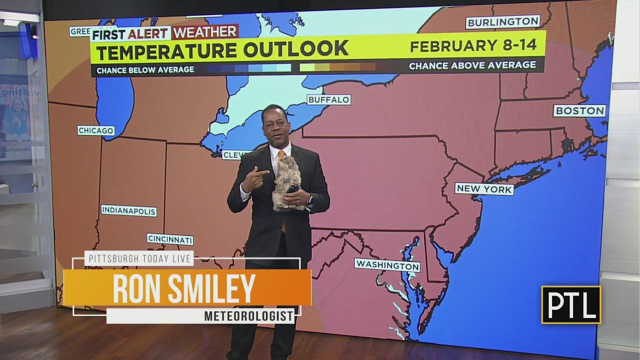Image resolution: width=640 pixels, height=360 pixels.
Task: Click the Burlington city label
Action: coord(503,22)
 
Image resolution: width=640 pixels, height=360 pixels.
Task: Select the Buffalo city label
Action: coord(328,100)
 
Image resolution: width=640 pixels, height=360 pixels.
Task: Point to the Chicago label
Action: coord(96,130)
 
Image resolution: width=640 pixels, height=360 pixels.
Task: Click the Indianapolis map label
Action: coord(129,211)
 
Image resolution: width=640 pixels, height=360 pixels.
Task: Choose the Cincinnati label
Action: coord(170,239)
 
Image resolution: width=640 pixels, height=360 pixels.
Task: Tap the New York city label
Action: coord(484,189)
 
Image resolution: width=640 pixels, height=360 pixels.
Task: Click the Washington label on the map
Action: coord(387,264)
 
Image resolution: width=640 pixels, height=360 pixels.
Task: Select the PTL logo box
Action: coord(571,304)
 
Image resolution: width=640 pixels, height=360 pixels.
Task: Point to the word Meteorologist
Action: coord(248,316)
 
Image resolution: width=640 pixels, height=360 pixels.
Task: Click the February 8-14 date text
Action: coord(473,45)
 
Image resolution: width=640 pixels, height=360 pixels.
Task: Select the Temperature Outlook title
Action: coord(222,49)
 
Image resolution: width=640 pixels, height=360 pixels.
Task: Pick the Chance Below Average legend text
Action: coord(145,69)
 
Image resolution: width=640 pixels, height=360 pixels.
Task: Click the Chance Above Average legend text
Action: coord(472,65)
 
